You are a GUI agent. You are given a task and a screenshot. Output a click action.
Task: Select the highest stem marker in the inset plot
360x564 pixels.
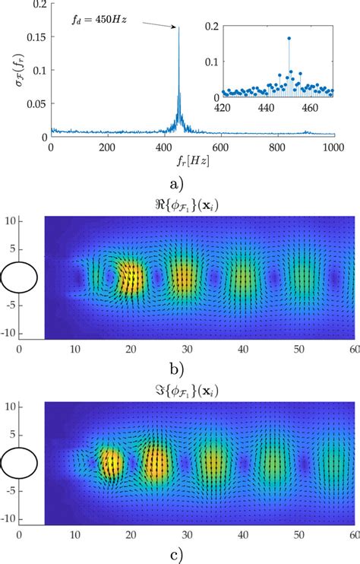pos(289,38)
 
